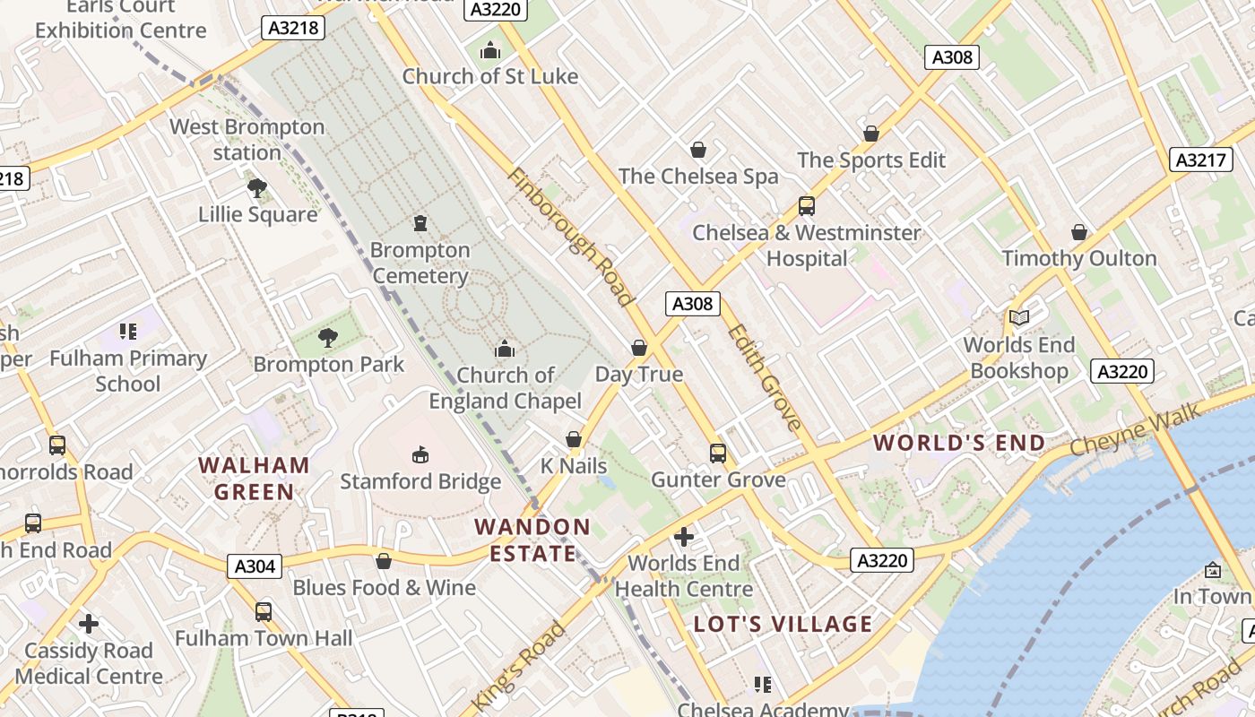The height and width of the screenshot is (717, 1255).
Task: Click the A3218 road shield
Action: (293, 28)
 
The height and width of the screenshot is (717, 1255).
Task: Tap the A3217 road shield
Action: (1199, 160)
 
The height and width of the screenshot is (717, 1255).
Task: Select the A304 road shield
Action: (255, 566)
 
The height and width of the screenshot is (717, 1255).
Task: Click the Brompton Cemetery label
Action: (420, 263)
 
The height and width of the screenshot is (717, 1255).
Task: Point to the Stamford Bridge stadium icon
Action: (420, 455)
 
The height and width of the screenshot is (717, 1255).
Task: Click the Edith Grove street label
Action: (764, 376)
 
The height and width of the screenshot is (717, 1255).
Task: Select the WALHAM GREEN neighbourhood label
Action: (255, 479)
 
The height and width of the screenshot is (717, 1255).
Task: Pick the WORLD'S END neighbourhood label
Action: (959, 443)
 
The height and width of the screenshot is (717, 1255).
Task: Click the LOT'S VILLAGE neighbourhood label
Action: (783, 624)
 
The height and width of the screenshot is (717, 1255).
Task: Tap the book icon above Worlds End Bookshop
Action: (1018, 317)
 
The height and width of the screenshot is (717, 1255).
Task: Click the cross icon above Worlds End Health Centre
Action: (684, 537)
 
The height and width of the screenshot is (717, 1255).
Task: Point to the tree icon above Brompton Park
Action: (328, 338)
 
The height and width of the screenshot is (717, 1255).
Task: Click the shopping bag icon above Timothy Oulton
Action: (1079, 232)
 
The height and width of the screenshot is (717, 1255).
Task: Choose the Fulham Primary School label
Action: (128, 371)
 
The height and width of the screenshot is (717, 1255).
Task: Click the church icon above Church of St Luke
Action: (489, 50)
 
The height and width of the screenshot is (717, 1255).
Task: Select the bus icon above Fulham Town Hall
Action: (264, 612)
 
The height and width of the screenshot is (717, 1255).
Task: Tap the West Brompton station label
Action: (247, 140)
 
